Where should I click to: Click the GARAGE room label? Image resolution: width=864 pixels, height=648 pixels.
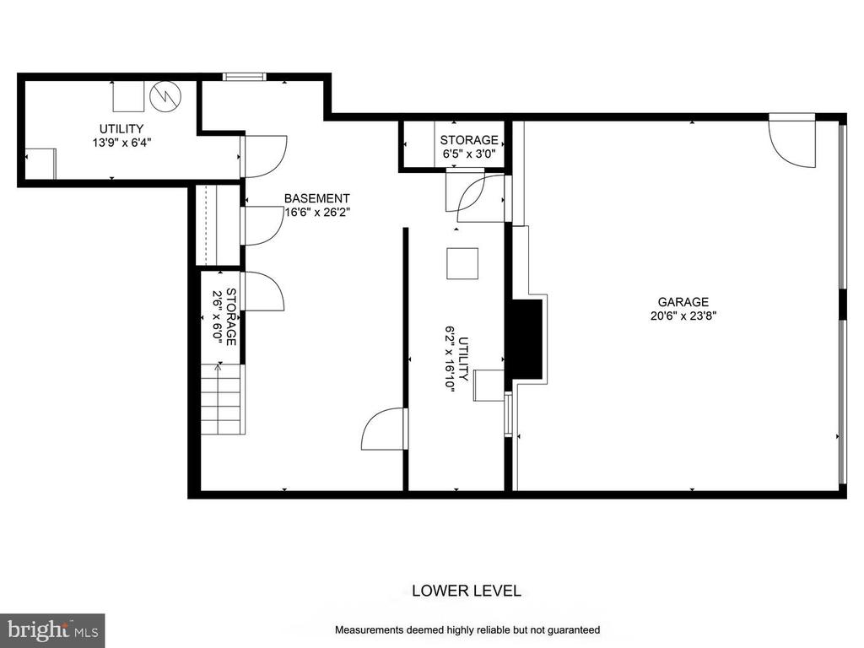click(683, 302)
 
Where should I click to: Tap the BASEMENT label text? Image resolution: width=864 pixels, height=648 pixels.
click(317, 198)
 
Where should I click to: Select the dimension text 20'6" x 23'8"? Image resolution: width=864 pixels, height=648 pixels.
click(683, 316)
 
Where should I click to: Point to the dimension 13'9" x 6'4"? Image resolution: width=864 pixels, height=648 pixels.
click(121, 143)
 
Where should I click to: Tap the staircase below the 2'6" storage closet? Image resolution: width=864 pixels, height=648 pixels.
click(220, 399)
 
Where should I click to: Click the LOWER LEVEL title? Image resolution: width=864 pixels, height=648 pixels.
click(466, 591)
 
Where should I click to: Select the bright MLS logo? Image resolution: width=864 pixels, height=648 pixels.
click(52, 629)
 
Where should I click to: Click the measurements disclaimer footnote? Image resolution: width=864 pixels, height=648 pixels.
click(467, 629)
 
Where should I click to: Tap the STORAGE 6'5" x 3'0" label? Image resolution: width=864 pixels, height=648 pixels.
click(469, 147)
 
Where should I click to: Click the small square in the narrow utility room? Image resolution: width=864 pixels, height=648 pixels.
click(462, 264)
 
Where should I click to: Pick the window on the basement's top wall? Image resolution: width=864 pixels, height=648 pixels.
click(245, 77)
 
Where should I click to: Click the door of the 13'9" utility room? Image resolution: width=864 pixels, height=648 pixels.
click(263, 156)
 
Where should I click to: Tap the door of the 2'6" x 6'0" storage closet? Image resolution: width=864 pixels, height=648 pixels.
click(262, 291)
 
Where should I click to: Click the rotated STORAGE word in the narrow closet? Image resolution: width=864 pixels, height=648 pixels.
click(231, 317)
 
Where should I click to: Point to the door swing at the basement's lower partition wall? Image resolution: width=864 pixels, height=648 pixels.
click(384, 429)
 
